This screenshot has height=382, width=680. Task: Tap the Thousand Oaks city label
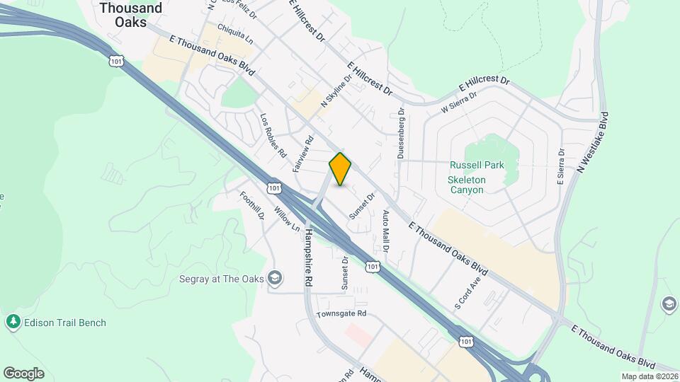click(131, 15)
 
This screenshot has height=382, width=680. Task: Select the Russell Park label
click(477, 166)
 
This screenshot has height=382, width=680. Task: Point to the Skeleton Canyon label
click(466, 185)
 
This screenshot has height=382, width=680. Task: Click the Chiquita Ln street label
click(235, 33)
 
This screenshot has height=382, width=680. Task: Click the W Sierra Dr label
click(455, 105)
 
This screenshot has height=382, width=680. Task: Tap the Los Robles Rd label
click(273, 136)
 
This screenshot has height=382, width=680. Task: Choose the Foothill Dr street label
click(252, 206)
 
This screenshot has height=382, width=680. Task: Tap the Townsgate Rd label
click(341, 313)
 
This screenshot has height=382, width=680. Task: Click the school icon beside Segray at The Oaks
click(275, 279)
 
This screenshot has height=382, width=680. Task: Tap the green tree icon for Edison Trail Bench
click(13, 323)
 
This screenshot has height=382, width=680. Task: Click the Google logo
click(23, 374)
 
